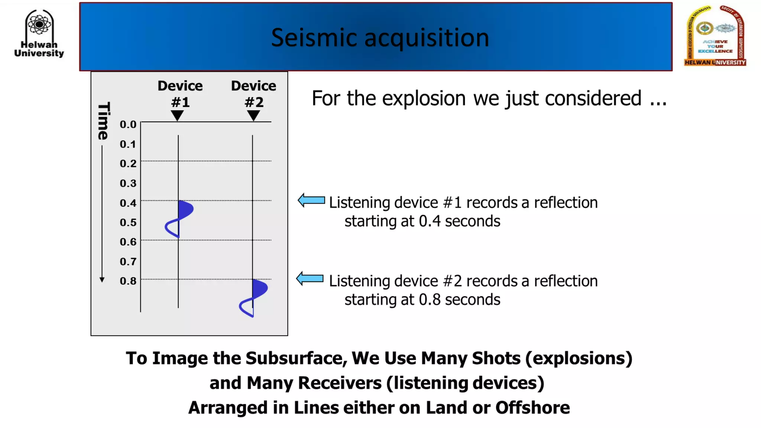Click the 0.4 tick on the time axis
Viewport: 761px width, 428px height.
click(x=128, y=203)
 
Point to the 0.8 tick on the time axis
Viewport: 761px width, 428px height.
click(x=128, y=281)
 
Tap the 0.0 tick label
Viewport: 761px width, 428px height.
click(x=128, y=124)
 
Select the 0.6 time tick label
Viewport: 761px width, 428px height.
click(x=128, y=242)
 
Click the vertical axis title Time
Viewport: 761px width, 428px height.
click(x=103, y=121)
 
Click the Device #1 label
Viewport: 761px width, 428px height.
click(x=180, y=94)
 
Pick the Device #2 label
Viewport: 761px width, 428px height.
click(x=254, y=94)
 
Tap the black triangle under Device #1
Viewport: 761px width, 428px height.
click(x=178, y=115)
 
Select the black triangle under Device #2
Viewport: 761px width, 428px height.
click(x=253, y=115)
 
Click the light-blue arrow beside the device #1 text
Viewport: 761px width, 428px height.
click(x=311, y=201)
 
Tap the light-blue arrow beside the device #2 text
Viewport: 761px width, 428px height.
click(x=310, y=279)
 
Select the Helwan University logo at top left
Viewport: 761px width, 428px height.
click(x=39, y=33)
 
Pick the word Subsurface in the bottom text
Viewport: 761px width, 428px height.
click(x=296, y=359)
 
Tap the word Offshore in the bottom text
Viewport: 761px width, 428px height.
click(x=532, y=408)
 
